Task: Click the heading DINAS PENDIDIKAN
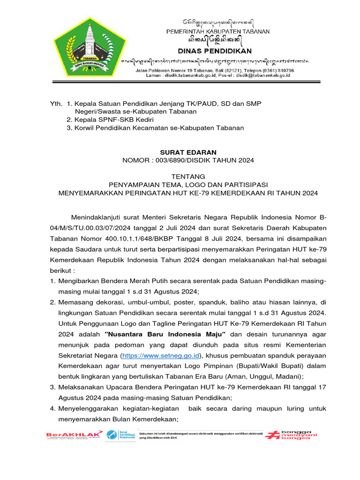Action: [x=215, y=51]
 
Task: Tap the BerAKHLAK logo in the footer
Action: [x=74, y=435]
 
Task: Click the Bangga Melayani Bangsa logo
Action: [x=291, y=435]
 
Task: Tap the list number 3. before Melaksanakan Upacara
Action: [x=53, y=387]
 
